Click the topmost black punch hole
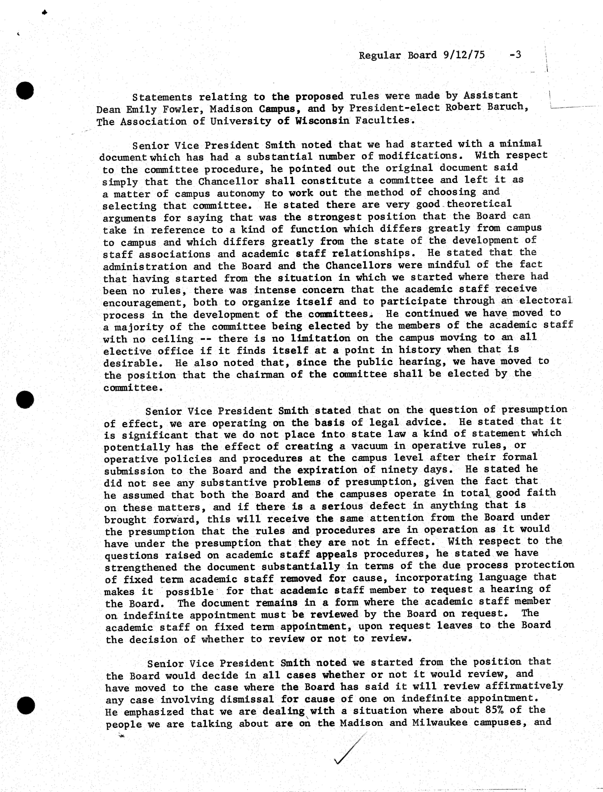pyautogui.click(x=25, y=90)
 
